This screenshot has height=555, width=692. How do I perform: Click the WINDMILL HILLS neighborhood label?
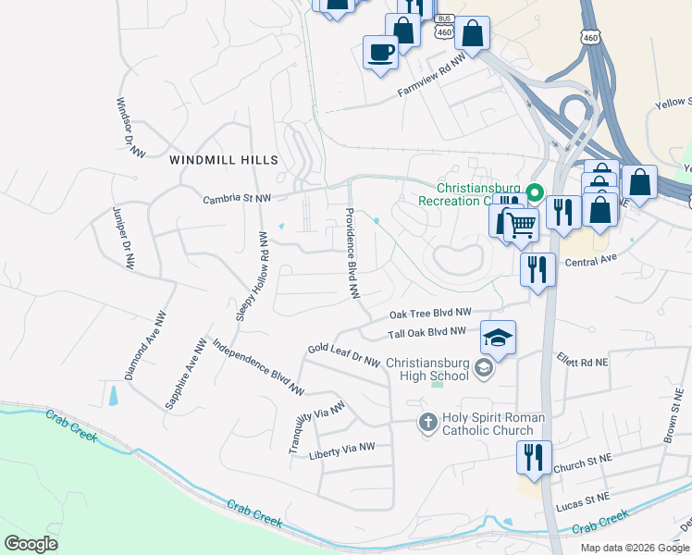(x=224, y=160)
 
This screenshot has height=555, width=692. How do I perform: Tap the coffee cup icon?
(x=379, y=52)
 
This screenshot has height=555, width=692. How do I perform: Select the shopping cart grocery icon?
(x=521, y=224)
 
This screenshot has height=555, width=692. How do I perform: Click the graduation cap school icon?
(x=498, y=339)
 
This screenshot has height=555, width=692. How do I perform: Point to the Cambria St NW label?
(x=238, y=198)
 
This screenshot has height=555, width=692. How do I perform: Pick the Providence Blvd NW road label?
(x=352, y=252)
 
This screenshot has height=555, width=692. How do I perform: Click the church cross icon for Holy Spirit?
(x=427, y=423)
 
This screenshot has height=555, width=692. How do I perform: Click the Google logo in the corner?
(x=31, y=543)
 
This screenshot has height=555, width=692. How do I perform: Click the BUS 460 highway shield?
(x=445, y=27)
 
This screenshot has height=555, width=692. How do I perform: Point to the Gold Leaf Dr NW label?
(x=344, y=353)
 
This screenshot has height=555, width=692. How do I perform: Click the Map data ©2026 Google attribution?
(x=635, y=548)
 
